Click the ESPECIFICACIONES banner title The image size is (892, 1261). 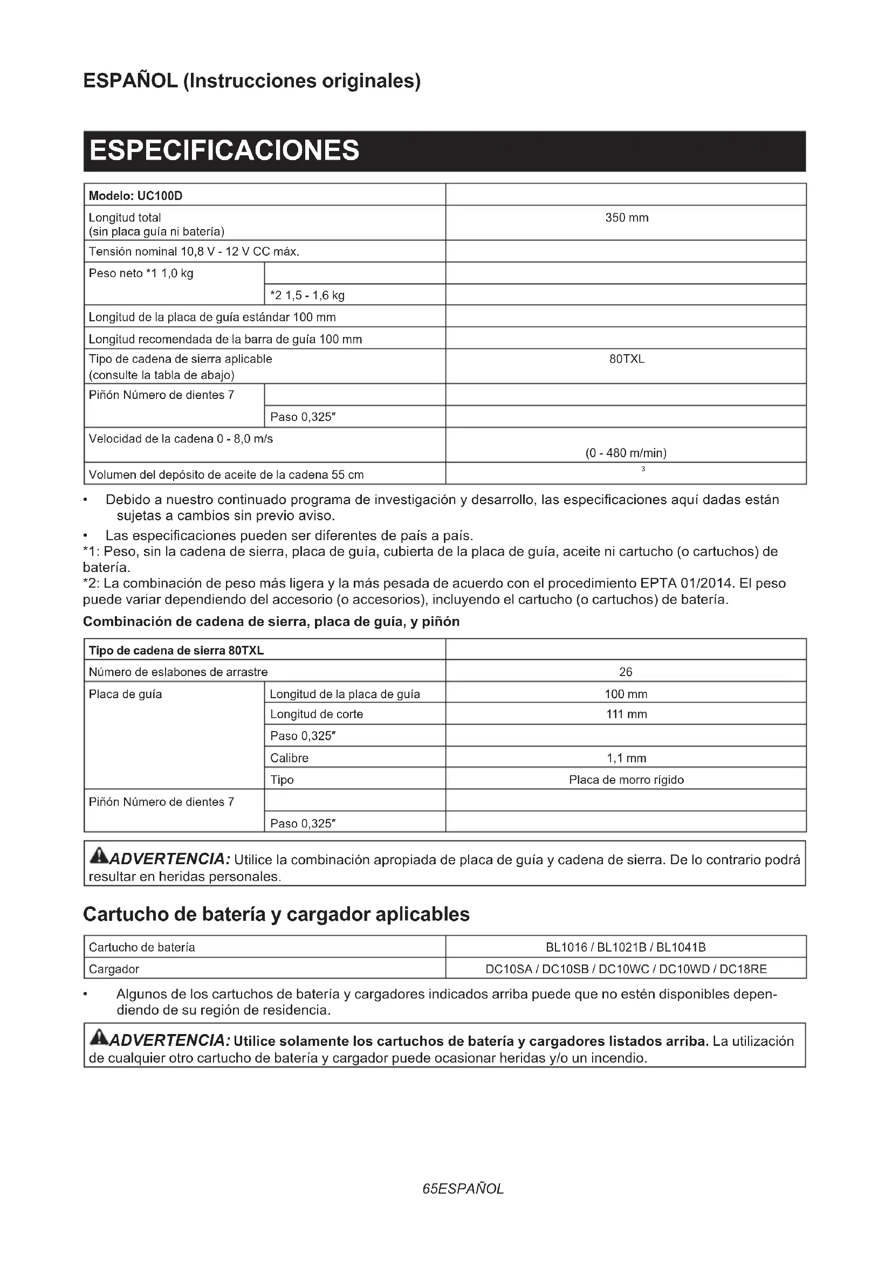tap(224, 150)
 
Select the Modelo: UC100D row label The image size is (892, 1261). tap(136, 196)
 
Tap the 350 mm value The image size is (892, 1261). tap(627, 217)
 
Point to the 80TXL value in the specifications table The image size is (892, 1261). tap(627, 359)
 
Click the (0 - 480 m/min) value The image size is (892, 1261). tap(626, 453)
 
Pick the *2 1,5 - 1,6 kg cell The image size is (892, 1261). tap(307, 295)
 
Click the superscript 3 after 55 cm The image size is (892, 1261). tap(643, 469)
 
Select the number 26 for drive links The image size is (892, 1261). tap(626, 672)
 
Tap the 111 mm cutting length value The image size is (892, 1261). tap(626, 714)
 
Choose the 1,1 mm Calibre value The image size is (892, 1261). tap(626, 758)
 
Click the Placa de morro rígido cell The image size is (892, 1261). tap(626, 780)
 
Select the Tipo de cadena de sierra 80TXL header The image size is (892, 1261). tap(176, 650)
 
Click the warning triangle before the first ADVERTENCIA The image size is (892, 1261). tap(99, 855)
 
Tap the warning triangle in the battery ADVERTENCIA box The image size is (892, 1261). tap(99, 1037)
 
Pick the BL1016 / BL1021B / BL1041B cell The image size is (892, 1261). tap(626, 947)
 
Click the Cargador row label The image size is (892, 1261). tap(114, 969)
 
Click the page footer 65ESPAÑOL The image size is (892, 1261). tap(463, 1189)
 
